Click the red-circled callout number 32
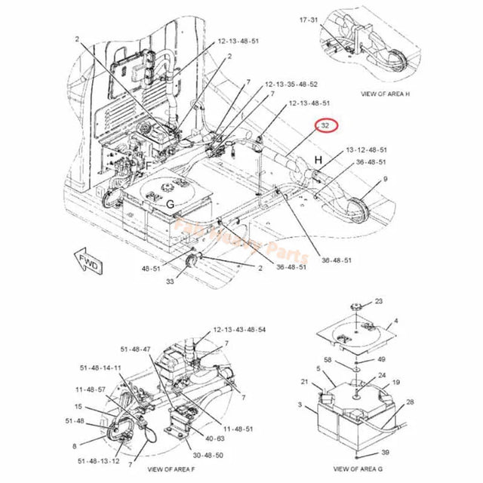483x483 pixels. [325, 126]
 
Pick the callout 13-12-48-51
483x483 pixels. [366, 150]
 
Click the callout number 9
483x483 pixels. [385, 179]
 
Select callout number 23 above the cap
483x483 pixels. [378, 301]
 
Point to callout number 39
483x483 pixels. [386, 451]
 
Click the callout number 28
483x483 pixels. [409, 401]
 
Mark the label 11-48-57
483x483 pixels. [90, 389]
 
